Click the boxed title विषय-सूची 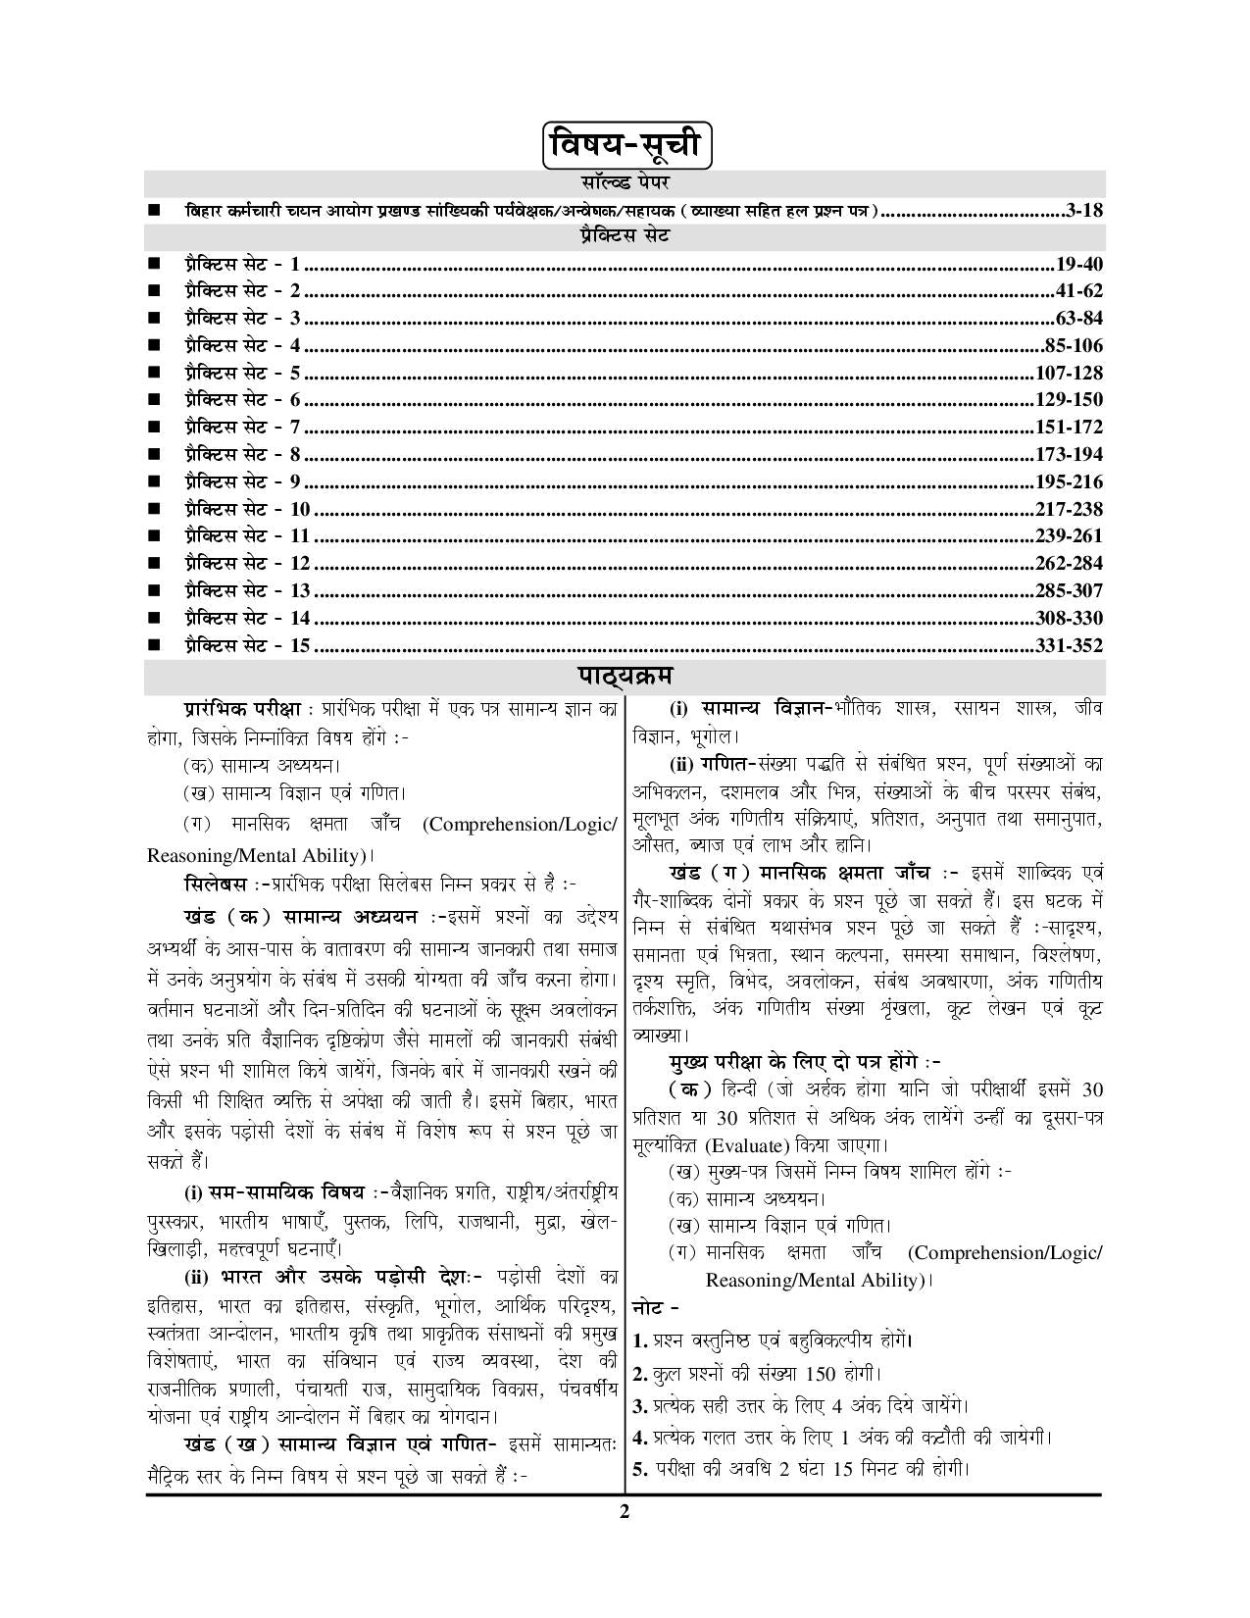(625, 145)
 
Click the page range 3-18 (1084, 210)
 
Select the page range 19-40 (1079, 264)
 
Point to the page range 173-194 (1069, 454)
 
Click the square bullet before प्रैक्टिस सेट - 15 (154, 645)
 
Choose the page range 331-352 (1069, 645)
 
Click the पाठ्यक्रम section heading (625, 677)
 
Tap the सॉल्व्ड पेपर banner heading (625, 182)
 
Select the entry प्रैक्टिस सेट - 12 (246, 563)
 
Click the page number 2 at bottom (624, 1510)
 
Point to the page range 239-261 (1069, 535)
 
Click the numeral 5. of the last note (640, 1469)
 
